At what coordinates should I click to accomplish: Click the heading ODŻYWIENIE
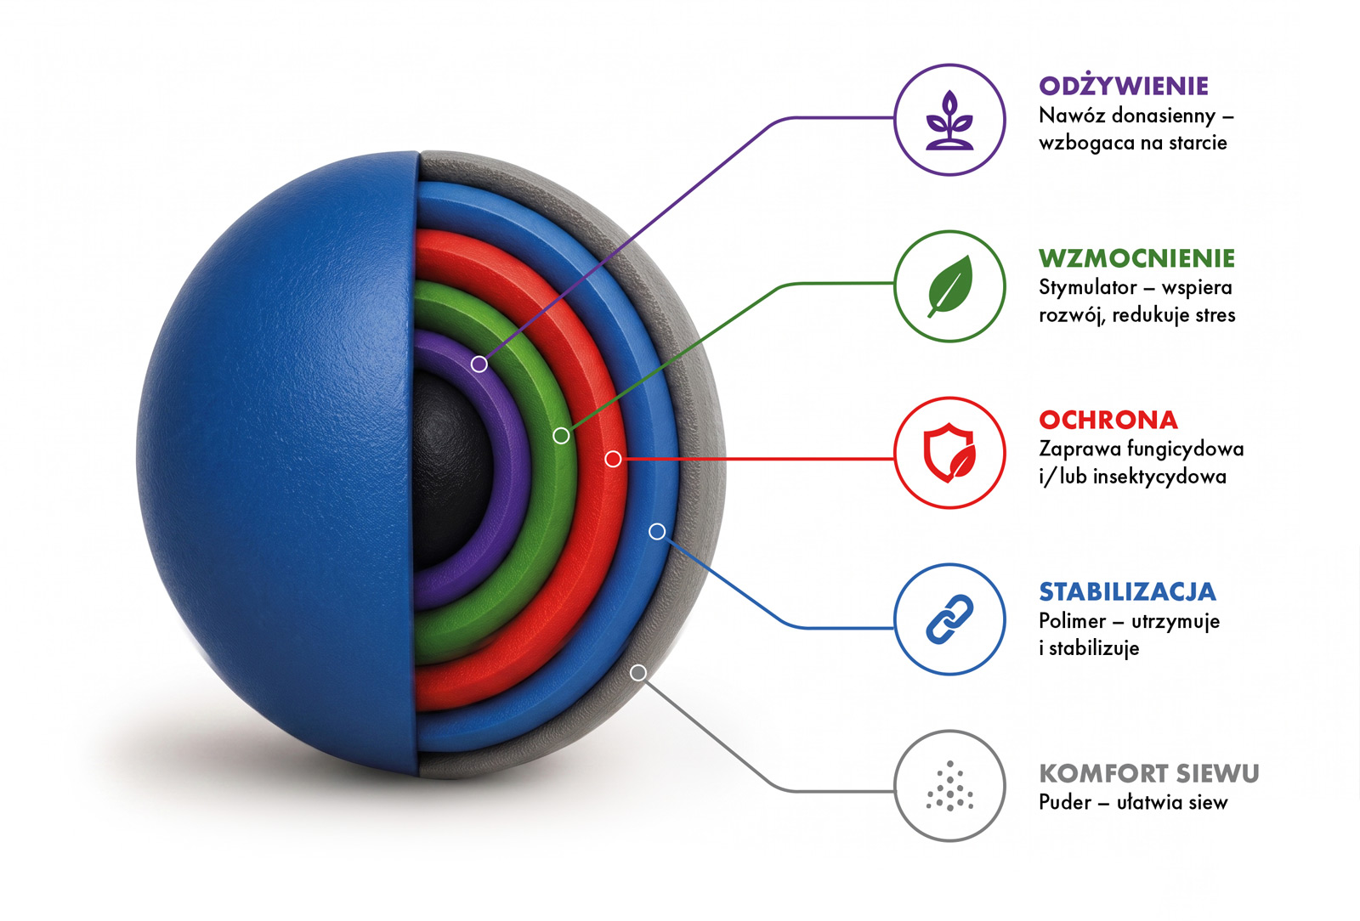[x=1123, y=86]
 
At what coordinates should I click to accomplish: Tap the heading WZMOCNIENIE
[x=1136, y=258]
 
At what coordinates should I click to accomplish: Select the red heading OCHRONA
[x=1108, y=420]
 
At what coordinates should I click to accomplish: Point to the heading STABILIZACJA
[x=1127, y=591]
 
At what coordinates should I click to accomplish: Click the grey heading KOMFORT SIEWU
[x=1148, y=773]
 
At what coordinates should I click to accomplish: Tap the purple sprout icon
[x=950, y=120]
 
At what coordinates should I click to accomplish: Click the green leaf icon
[x=950, y=285]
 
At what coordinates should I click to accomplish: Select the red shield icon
[x=949, y=453]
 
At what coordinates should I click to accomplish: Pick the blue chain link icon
[x=949, y=619]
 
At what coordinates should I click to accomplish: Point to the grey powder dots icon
[x=950, y=786]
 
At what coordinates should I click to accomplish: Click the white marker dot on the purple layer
[x=479, y=364]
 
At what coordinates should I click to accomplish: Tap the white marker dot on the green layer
[x=561, y=436]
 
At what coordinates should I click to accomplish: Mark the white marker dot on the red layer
[x=613, y=460]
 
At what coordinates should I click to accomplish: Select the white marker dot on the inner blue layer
[x=657, y=532]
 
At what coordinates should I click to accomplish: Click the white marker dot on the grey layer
[x=638, y=672]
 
